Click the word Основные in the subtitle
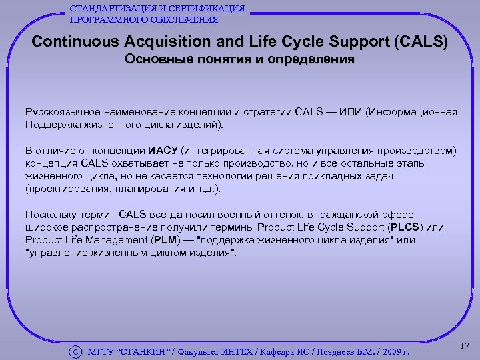159,60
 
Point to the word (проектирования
67,189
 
